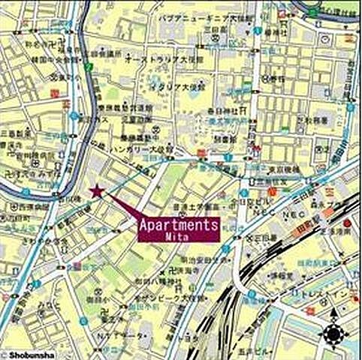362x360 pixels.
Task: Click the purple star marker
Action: pos(96,192)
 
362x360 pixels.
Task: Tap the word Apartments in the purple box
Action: pos(179,223)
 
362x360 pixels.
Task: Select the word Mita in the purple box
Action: pos(179,235)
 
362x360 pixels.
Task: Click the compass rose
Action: pos(333,334)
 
